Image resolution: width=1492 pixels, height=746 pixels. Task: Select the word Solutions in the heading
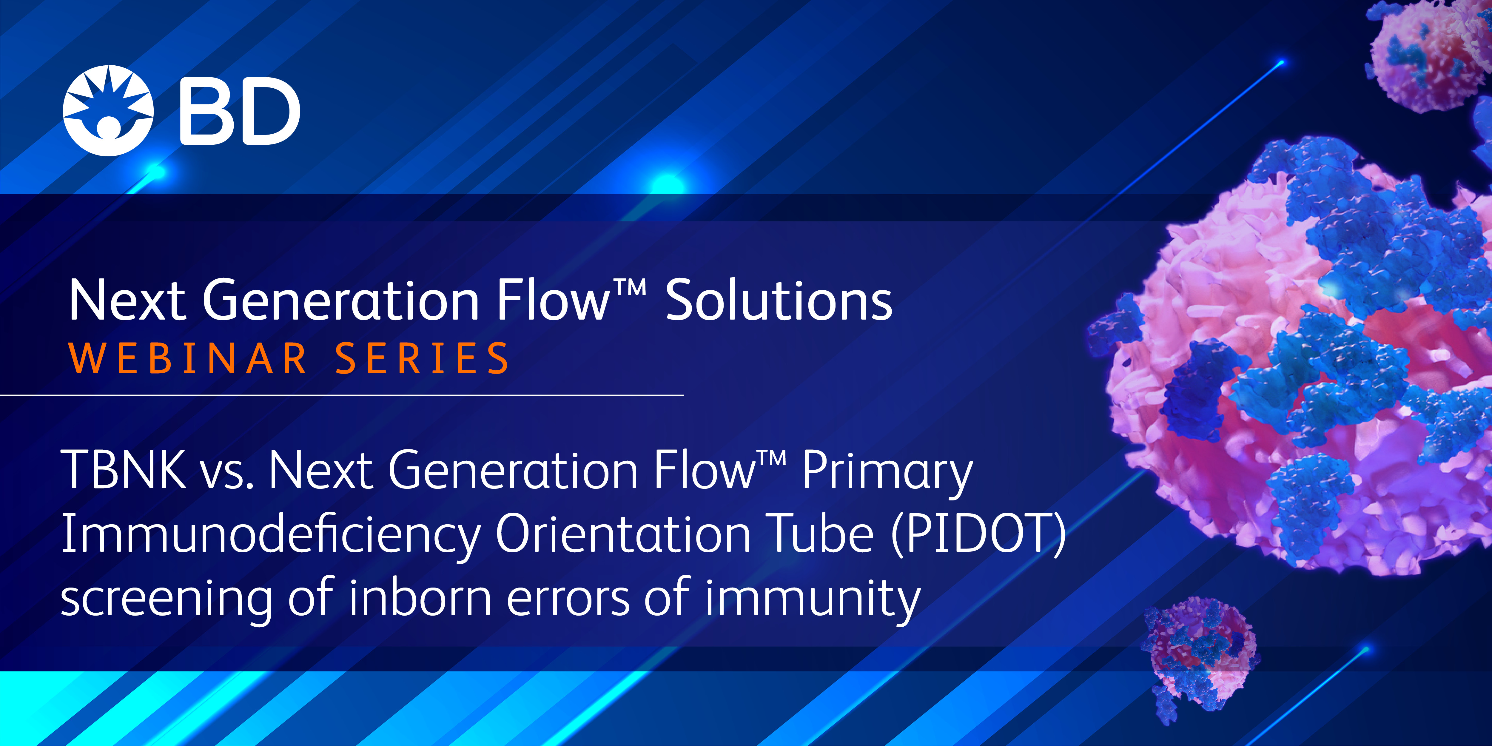coord(779,300)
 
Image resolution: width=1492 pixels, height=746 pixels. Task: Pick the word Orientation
coord(623,534)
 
